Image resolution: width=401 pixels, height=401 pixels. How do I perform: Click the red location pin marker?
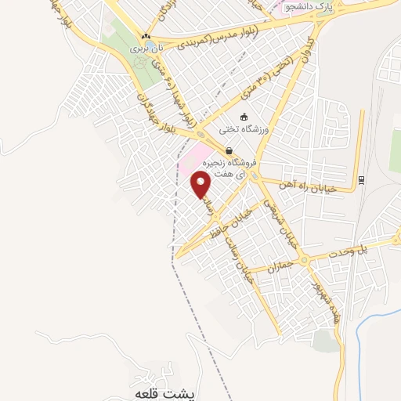(x=201, y=183)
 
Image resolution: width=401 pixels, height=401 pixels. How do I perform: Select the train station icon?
(x=360, y=179)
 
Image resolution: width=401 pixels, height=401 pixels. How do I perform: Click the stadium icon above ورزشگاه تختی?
(x=244, y=117)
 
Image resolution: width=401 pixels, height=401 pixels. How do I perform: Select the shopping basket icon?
(x=228, y=150)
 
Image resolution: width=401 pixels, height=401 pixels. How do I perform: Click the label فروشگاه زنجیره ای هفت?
(x=234, y=169)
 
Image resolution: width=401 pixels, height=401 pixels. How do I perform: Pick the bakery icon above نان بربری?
(x=146, y=36)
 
